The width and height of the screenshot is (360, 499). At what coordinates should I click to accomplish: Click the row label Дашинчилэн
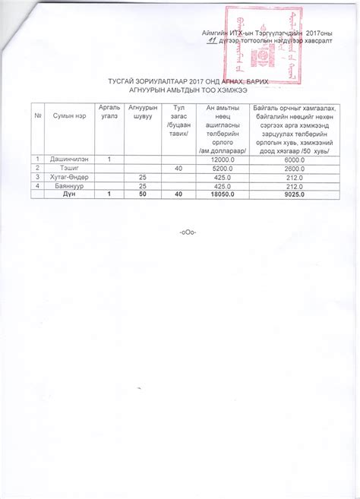click(66, 159)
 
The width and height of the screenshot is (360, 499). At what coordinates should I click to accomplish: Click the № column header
click(37, 114)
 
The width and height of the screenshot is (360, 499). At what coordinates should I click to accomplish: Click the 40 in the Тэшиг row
click(178, 168)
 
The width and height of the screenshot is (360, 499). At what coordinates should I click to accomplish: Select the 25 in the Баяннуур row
click(142, 186)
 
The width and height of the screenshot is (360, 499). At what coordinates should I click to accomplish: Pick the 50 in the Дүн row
click(142, 195)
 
